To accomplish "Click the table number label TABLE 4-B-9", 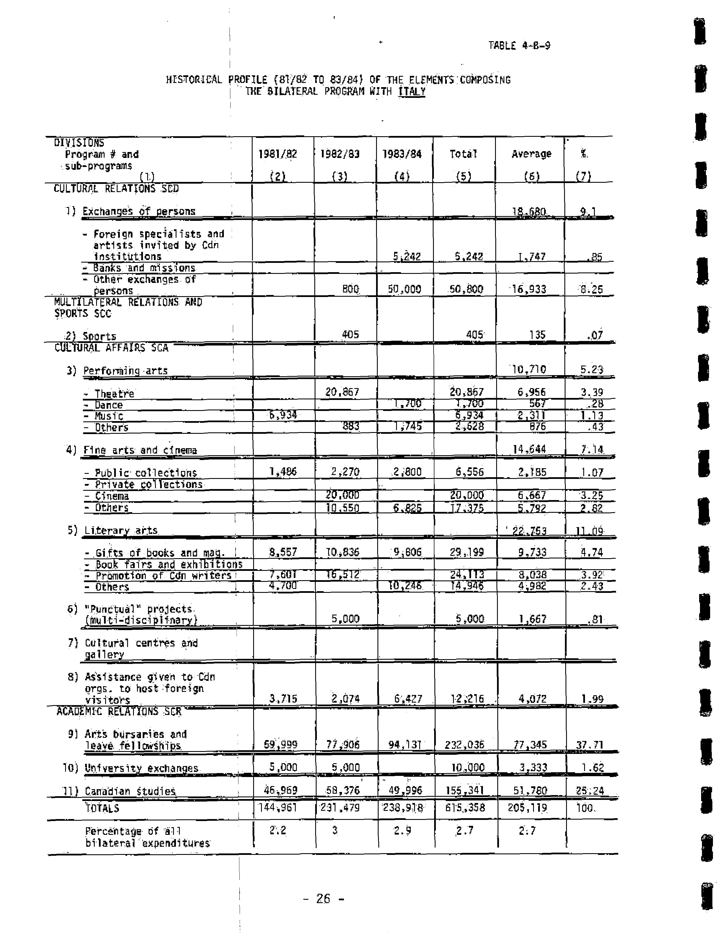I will (519, 45).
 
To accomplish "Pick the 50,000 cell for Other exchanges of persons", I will (404, 289).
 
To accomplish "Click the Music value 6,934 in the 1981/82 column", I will (283, 414).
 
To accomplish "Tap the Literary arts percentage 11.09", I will (589, 531).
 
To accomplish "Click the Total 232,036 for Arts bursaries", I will (463, 745).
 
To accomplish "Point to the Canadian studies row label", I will (130, 791).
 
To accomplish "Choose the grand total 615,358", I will (464, 808).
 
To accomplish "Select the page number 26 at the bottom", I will (323, 899).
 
